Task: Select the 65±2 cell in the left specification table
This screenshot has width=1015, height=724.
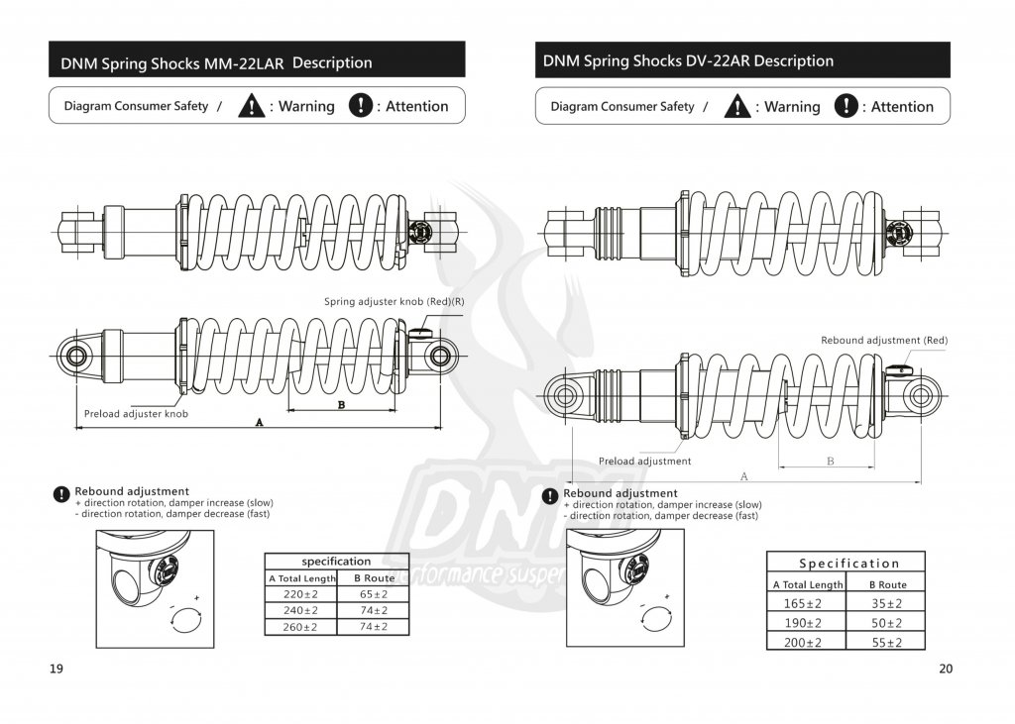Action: click(373, 594)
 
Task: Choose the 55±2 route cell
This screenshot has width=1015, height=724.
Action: click(887, 642)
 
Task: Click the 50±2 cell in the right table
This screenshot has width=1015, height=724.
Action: click(887, 623)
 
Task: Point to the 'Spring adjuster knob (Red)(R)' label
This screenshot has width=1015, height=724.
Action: click(394, 301)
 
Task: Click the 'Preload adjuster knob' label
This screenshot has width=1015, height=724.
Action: click(136, 413)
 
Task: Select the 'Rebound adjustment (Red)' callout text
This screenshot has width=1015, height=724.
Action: click(884, 340)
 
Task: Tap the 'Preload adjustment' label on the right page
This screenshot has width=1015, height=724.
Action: click(645, 461)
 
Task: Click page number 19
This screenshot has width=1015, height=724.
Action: click(56, 669)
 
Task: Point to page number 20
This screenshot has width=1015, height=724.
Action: click(946, 669)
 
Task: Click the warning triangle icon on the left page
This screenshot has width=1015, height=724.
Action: click(252, 106)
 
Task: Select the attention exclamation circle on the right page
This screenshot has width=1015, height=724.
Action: click(846, 106)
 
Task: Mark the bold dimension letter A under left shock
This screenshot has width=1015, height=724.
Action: click(260, 422)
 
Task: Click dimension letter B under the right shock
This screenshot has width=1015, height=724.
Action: click(830, 461)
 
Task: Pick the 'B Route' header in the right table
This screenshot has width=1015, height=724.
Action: click(887, 584)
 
